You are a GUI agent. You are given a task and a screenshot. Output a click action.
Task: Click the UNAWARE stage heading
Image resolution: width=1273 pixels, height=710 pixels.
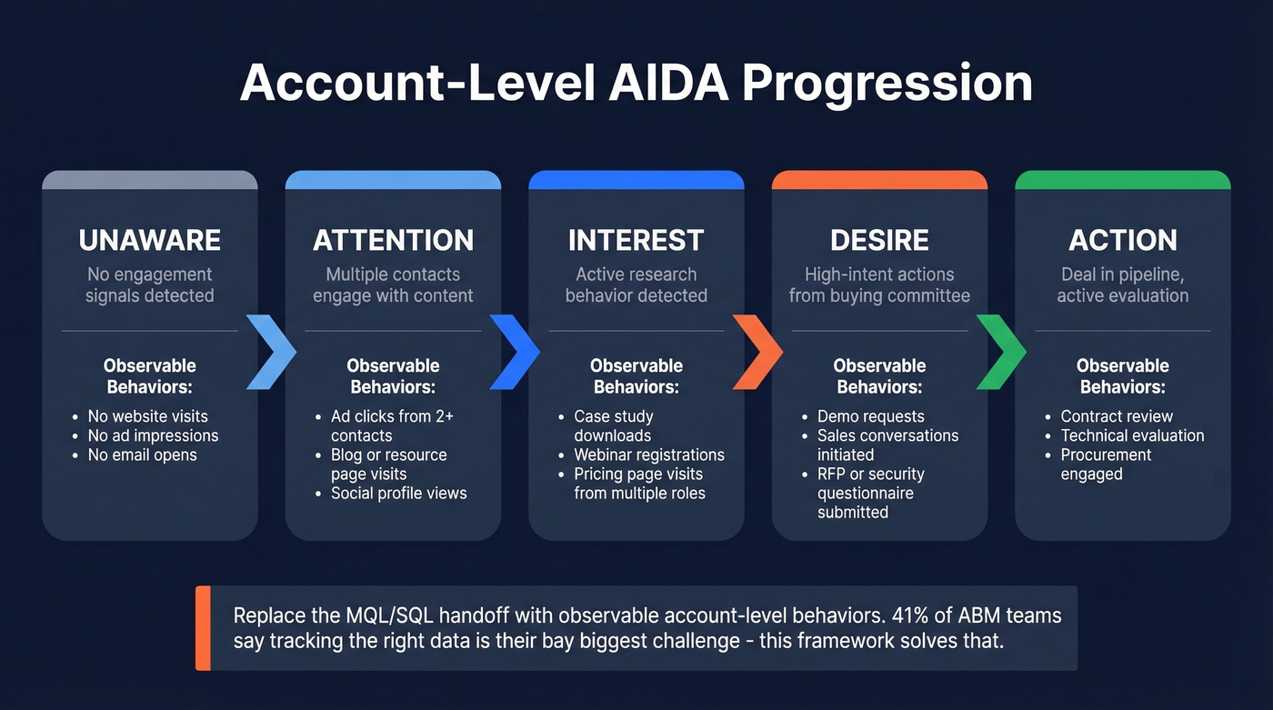[x=150, y=240]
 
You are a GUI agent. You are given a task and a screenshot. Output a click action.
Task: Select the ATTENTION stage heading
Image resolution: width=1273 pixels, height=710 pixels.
[x=393, y=240]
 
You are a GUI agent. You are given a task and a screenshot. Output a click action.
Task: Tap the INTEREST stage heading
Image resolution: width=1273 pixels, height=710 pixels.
[x=636, y=240]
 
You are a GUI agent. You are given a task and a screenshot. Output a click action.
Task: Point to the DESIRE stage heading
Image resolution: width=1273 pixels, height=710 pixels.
[x=879, y=240]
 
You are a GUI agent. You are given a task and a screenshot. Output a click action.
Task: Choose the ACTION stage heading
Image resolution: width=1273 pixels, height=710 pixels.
[x=1122, y=240]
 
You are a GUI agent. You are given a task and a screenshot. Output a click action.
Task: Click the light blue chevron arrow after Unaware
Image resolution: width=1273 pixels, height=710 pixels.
[x=271, y=352]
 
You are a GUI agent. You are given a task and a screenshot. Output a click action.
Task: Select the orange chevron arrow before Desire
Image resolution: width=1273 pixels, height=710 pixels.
[x=757, y=352]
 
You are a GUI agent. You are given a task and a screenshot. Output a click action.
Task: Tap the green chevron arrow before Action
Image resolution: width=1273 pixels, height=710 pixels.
[x=1000, y=352]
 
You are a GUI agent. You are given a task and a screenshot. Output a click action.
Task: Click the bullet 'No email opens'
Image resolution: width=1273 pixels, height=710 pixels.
[x=142, y=455]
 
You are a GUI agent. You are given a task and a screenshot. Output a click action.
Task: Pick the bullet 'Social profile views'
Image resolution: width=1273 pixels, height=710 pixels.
[x=398, y=494]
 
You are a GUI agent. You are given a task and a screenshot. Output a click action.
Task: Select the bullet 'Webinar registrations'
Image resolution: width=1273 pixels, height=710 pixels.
[x=649, y=455]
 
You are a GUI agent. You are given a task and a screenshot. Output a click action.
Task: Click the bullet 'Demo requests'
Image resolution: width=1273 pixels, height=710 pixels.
[x=870, y=416]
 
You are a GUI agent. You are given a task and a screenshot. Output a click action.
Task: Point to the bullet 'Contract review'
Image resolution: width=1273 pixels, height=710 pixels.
[x=1117, y=416]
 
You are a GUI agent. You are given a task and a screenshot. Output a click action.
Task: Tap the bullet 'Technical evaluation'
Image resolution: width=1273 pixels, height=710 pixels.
[x=1132, y=435]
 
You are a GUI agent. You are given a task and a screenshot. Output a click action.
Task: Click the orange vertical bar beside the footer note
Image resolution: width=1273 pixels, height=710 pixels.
[x=203, y=628]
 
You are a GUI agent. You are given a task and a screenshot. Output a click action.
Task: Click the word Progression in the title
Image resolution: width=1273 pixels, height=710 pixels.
[x=887, y=83]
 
